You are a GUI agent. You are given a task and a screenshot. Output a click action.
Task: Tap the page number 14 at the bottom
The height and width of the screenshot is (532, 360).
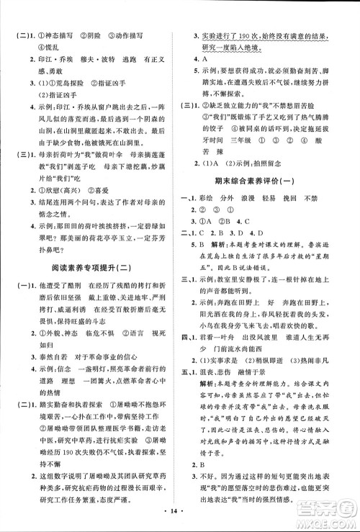(179, 516)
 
